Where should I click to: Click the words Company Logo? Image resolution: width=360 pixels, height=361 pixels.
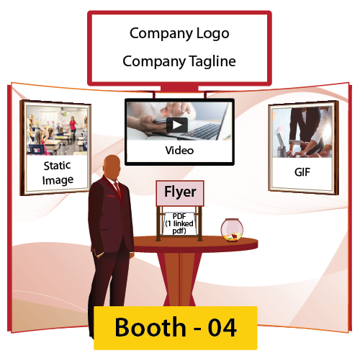coord(179,34)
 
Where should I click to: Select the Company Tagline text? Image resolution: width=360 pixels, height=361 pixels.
coord(179,61)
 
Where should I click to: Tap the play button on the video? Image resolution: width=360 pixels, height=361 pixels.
coord(177,125)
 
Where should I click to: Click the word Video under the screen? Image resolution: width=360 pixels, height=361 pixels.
coord(179,151)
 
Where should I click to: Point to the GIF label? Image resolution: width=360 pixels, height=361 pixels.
coord(302,172)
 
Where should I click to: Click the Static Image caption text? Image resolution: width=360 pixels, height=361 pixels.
coord(58,173)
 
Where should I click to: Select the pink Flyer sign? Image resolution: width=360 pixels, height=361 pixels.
coord(180,193)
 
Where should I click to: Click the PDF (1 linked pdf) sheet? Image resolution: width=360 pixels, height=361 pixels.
coord(179,224)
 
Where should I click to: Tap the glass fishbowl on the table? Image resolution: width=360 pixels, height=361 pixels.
coord(232,230)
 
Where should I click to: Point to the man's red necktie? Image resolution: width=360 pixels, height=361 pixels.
coord(118,190)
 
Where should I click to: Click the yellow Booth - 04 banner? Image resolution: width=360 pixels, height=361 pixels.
coord(176,328)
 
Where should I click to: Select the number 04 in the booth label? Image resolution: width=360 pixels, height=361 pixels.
coord(222,328)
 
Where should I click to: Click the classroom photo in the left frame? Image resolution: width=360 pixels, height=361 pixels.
coord(57,130)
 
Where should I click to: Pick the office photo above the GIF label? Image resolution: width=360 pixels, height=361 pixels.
coord(302,133)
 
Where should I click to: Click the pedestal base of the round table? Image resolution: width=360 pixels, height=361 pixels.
coord(179,279)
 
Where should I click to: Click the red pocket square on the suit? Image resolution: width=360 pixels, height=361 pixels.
coord(111,196)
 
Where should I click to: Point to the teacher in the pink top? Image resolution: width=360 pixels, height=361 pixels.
coord(73,127)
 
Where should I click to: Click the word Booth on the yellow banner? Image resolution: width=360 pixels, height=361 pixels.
coord(150,328)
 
